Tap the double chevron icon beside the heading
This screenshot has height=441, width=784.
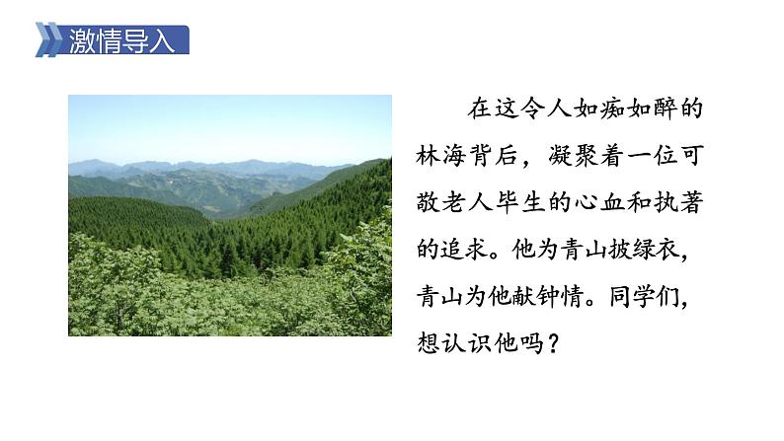(48, 40)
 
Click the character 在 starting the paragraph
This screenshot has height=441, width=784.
(478, 109)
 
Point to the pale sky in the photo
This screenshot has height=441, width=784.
(227, 123)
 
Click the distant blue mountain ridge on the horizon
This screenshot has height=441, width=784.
(197, 165)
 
